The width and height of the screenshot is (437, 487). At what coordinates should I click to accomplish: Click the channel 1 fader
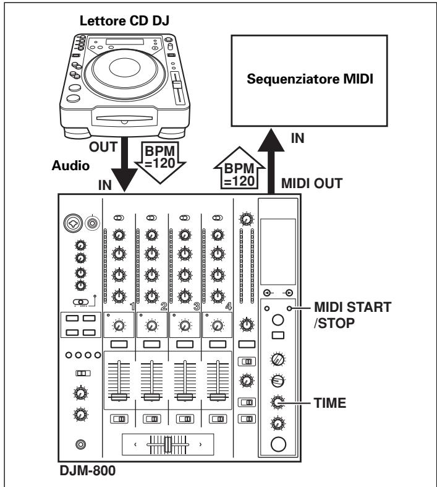(119, 397)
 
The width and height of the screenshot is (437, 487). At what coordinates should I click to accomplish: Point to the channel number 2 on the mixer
(163, 304)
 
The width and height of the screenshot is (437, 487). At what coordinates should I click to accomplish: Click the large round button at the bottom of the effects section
(279, 445)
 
